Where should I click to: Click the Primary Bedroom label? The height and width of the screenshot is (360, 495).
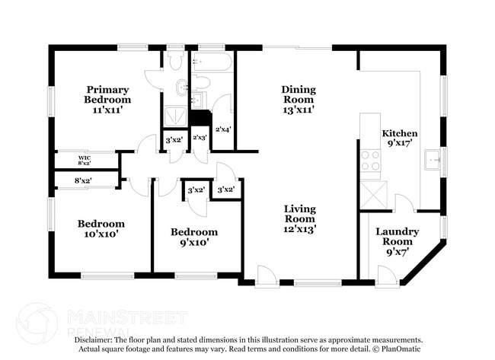click(107, 100)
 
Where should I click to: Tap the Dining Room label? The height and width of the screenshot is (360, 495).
click(299, 100)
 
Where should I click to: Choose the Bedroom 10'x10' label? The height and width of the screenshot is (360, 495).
click(101, 229)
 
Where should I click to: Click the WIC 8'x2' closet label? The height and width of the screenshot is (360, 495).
click(84, 161)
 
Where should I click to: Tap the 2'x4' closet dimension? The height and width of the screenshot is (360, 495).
click(223, 129)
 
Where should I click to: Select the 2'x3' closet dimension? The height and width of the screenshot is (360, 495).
click(200, 138)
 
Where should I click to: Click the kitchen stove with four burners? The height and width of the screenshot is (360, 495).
click(371, 160)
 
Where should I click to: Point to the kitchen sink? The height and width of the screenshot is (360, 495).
click(435, 160)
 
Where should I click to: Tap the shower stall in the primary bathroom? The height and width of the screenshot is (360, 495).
click(174, 116)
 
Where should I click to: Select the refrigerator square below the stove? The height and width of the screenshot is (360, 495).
click(371, 190)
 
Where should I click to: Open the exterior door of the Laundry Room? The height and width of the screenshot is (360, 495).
click(387, 277)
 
